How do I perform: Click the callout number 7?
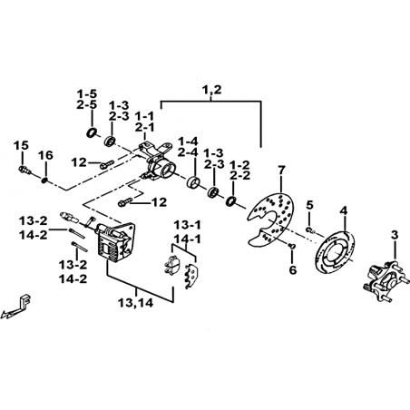click(281, 171)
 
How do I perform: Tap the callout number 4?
click(344, 210)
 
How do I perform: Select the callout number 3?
click(395, 235)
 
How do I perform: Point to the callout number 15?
click(21, 146)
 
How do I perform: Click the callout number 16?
click(45, 156)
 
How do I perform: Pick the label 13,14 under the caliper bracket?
click(136, 303)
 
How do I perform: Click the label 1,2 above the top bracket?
click(211, 90)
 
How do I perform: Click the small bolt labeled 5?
click(310, 230)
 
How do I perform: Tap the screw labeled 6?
click(291, 247)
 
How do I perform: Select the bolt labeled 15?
click(24, 170)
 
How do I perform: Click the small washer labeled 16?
click(44, 181)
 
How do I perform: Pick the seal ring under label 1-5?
click(92, 132)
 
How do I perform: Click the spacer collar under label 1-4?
click(193, 182)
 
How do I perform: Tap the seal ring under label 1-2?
click(231, 201)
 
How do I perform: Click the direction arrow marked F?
click(18, 307)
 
